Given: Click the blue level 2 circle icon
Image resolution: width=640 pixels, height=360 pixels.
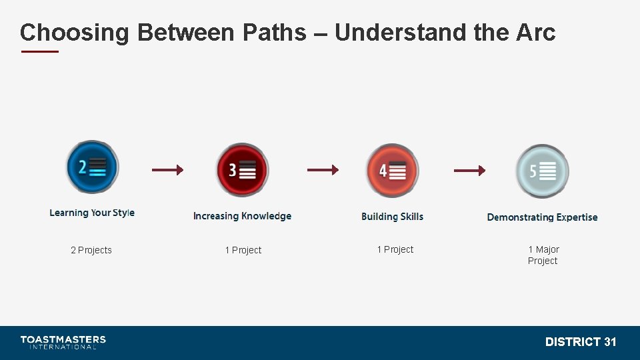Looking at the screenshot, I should [92, 167].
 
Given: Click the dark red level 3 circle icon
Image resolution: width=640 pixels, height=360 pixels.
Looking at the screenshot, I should [242, 170].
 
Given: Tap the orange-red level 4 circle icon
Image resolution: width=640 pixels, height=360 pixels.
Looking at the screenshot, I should [392, 171].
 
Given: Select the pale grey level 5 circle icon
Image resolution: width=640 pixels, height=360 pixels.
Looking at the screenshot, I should [542, 171].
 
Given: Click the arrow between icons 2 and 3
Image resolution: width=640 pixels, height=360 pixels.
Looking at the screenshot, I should [167, 170].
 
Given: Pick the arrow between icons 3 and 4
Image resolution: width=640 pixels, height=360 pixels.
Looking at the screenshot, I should [323, 170].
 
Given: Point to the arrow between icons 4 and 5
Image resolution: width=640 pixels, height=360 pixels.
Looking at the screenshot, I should [469, 171].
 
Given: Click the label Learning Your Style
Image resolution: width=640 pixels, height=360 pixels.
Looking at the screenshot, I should [92, 213].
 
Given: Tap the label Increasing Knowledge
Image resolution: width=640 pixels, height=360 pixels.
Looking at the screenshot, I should [242, 216].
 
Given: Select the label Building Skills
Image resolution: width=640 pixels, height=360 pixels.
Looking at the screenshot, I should [392, 217].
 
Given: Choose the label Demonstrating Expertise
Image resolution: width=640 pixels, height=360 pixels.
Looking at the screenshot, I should [542, 217].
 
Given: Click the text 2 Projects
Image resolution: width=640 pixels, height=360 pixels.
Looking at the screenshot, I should [91, 250].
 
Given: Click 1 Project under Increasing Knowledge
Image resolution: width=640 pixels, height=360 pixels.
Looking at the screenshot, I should [243, 250].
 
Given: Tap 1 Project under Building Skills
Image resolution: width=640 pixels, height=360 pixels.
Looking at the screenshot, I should [395, 249].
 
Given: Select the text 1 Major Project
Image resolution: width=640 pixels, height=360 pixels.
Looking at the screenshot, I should [543, 255].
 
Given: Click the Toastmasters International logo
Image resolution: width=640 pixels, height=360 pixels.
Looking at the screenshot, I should [63, 342].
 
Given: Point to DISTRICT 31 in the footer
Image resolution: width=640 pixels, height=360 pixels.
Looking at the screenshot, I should [580, 342].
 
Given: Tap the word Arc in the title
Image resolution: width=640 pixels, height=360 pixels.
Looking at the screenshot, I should [535, 32].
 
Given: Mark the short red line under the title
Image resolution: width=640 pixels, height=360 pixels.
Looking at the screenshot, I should [40, 51].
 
